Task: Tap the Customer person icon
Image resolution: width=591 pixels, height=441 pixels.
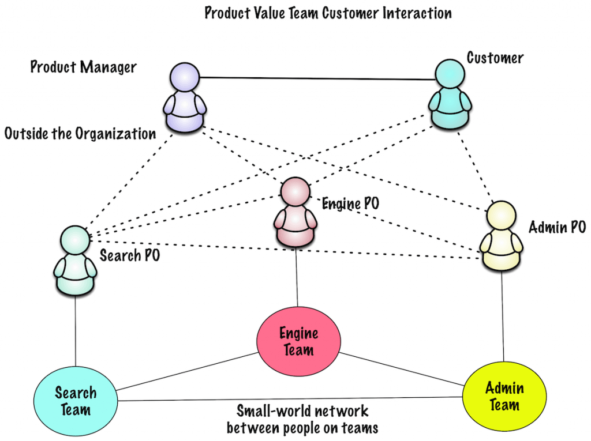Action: tap(450, 95)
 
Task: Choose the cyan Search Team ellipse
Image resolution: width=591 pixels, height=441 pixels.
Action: tap(75, 401)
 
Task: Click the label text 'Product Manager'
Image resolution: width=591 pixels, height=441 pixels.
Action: tap(83, 67)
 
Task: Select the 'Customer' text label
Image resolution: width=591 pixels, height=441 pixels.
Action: tap(495, 58)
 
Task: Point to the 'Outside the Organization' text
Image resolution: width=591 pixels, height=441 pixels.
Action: tap(80, 134)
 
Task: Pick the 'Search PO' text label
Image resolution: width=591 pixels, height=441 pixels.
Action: tap(129, 255)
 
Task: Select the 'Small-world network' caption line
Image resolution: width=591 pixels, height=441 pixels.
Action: tap(302, 411)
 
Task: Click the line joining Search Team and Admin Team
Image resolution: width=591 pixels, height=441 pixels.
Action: tap(289, 399)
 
